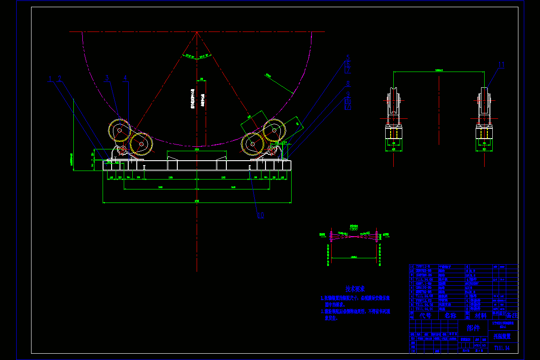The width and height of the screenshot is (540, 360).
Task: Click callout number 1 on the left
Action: [50, 79]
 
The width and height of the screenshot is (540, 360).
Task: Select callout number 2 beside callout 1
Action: [59, 79]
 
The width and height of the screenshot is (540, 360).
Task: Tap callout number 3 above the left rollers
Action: [107, 78]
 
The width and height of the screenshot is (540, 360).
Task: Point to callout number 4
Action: [125, 78]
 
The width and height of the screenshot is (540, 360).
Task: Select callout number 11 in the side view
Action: [501, 65]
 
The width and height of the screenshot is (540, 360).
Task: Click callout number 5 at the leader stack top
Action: [348, 57]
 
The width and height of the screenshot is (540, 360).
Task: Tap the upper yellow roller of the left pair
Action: [119, 131]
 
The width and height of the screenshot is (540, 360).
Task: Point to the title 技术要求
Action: [355, 289]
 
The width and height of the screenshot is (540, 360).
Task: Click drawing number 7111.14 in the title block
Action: [503, 347]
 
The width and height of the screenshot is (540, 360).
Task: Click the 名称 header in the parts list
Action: [450, 315]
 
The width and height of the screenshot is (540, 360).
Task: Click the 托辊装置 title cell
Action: [503, 336]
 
